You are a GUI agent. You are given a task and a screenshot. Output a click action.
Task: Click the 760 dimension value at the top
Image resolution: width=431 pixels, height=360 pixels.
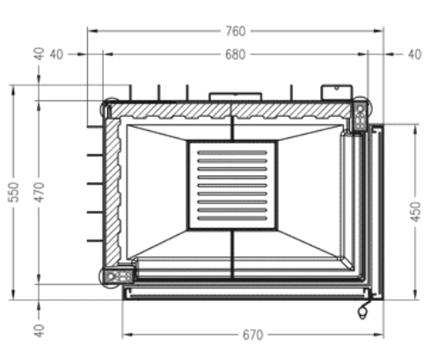[x=236, y=32]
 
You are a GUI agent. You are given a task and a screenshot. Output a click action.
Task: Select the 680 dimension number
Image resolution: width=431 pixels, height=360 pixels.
[x=236, y=55]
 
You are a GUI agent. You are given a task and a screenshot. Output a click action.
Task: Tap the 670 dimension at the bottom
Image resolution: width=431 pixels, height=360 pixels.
[x=253, y=334]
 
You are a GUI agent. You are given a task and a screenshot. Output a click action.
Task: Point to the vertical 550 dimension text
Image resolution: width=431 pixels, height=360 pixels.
[x=13, y=192]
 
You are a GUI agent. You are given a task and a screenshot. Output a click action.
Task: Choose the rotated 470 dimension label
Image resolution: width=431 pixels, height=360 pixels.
[x=39, y=192]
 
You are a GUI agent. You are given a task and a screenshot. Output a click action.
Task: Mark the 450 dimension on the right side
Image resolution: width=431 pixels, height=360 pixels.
[x=415, y=211]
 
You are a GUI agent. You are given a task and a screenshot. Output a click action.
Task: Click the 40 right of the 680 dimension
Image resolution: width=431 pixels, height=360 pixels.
[x=415, y=55]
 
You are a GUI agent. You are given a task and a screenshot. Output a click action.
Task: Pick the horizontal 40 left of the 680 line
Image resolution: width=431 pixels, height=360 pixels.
[x=56, y=55]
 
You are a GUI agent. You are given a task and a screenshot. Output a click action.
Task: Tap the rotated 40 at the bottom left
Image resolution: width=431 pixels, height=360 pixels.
[x=39, y=331]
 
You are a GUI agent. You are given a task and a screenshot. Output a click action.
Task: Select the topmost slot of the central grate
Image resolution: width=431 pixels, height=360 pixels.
[x=232, y=152]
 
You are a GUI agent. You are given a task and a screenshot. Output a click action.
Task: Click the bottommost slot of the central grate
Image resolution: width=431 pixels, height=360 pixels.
[x=232, y=218]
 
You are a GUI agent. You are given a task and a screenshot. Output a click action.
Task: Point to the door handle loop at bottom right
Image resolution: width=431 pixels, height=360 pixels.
[x=363, y=311]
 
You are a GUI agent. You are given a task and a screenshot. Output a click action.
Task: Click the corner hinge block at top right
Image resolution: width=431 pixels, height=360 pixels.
[x=360, y=115]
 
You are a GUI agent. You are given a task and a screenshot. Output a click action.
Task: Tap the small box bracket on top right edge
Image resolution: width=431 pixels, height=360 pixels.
[x=337, y=92]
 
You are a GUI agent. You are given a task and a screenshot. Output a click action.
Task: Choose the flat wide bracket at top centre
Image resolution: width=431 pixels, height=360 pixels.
[x=235, y=97]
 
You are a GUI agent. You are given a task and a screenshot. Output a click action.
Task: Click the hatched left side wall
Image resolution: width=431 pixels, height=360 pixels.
[x=113, y=191]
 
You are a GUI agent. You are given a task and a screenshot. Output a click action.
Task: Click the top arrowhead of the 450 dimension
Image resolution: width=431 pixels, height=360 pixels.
[x=415, y=129]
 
